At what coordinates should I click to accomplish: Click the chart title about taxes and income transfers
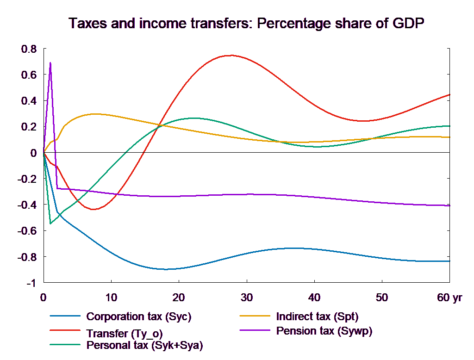click(x=246, y=23)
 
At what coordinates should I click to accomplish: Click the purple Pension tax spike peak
click(x=50, y=62)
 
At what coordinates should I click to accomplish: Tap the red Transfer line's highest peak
click(x=230, y=56)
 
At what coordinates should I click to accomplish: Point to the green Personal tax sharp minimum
click(x=50, y=223)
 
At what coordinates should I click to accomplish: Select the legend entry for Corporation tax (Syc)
click(x=138, y=317)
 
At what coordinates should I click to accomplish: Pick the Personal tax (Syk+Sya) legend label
click(x=144, y=345)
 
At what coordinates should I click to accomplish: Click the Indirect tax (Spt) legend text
click(x=317, y=317)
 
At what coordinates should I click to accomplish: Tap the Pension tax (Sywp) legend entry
click(x=324, y=331)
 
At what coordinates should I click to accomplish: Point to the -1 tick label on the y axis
click(x=31, y=283)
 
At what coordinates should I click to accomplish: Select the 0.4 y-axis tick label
click(x=30, y=101)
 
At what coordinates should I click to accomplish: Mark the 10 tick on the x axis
click(x=111, y=298)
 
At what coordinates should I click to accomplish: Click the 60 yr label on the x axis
click(x=449, y=298)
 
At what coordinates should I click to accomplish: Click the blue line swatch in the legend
click(x=65, y=317)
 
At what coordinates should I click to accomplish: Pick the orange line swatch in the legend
click(x=255, y=317)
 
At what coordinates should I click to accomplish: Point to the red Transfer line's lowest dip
click(x=94, y=210)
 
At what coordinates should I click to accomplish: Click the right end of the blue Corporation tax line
click(x=450, y=261)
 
